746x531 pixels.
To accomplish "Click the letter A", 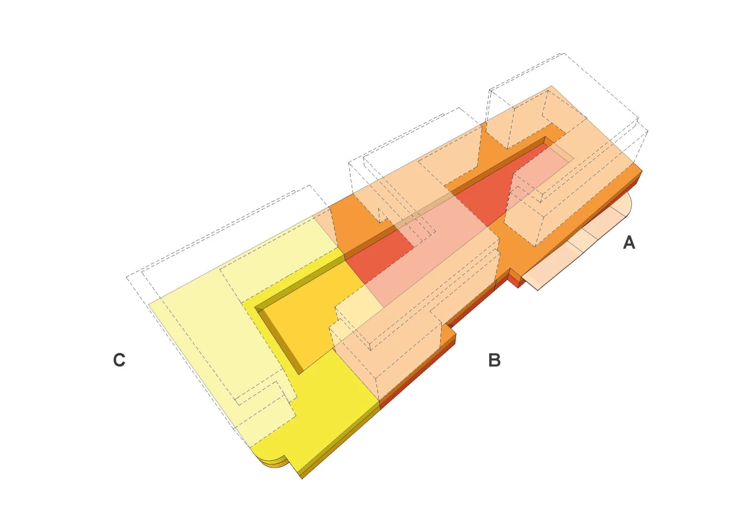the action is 629,242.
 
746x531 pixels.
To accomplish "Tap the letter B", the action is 494,360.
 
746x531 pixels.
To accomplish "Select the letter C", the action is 119,360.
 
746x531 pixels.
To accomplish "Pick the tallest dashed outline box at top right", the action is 566,100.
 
